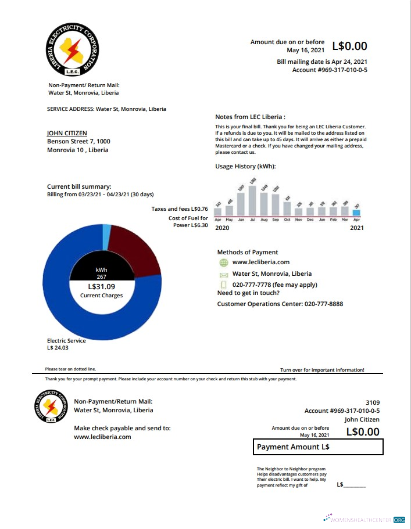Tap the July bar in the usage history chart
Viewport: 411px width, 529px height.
252,201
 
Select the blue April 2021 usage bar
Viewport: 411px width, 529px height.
356,213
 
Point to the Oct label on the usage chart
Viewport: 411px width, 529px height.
287,220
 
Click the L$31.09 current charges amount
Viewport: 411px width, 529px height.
102,286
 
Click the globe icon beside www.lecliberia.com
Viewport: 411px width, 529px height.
223,262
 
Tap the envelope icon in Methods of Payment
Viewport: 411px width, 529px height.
223,274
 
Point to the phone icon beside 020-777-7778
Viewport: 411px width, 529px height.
223,285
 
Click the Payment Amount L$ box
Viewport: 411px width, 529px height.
319,447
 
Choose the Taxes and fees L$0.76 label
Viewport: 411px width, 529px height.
180,208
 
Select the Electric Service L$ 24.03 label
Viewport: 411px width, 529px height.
66,344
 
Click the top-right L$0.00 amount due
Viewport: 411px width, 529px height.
349,46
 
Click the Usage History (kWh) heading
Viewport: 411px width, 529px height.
245,167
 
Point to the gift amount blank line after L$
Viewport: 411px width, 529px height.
355,485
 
